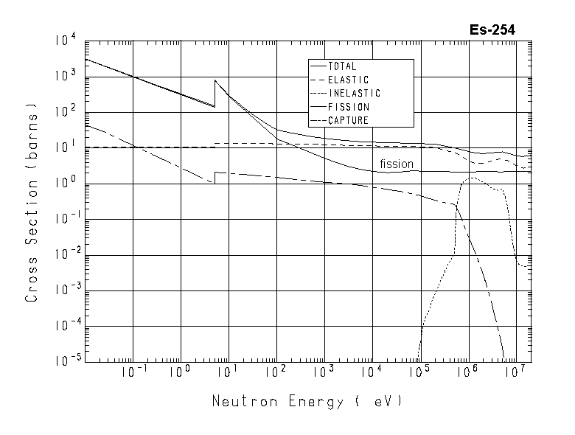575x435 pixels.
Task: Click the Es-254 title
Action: (x=492, y=30)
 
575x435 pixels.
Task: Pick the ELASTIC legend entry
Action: (x=348, y=80)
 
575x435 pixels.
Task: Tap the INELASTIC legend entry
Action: (x=354, y=93)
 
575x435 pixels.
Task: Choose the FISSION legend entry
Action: (x=348, y=106)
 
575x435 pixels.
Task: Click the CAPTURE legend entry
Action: (x=348, y=119)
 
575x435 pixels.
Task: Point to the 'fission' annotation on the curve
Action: (x=396, y=164)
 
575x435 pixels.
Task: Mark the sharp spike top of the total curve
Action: (x=215, y=80)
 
